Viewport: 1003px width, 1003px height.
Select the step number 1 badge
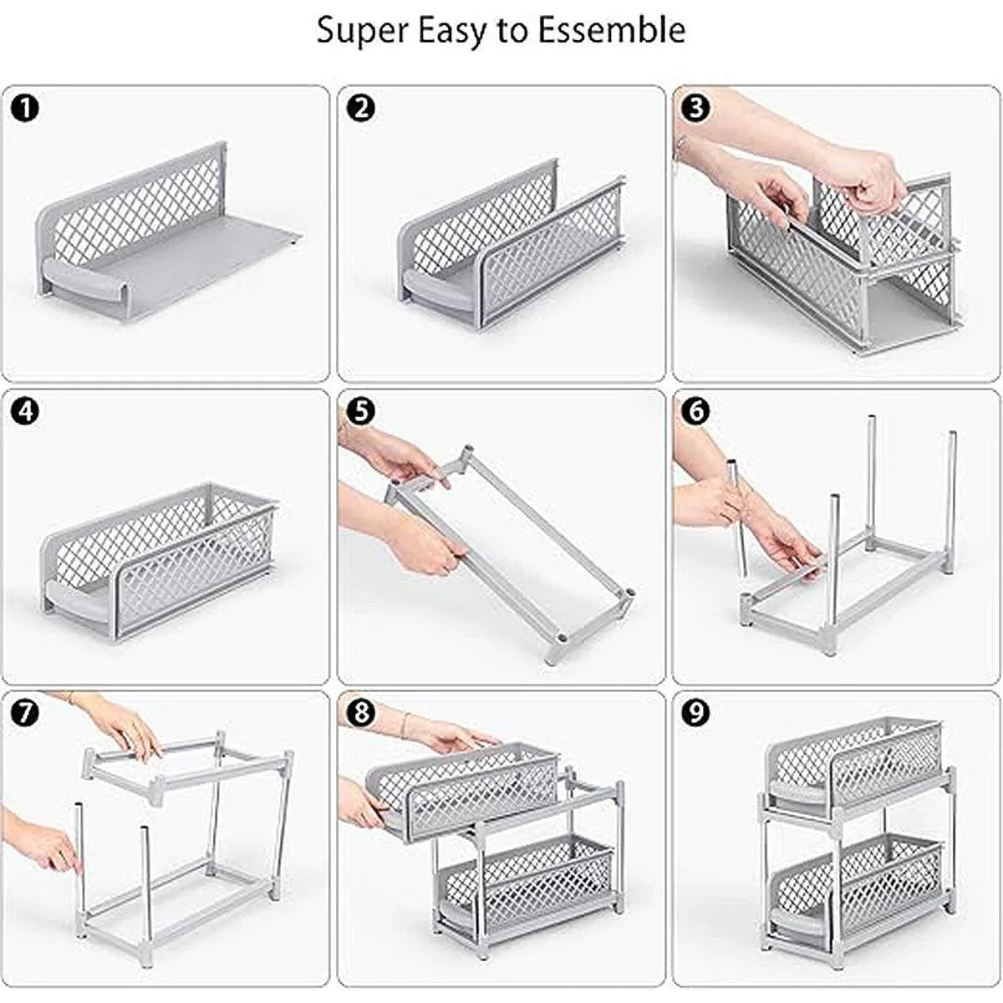click(x=26, y=109)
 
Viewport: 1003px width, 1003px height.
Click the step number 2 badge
click(x=361, y=109)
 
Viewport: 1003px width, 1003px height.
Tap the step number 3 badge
click(x=695, y=109)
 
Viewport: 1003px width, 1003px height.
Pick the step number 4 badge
click(x=26, y=411)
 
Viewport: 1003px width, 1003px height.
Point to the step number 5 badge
click(x=361, y=411)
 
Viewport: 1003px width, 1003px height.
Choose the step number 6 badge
click(x=695, y=411)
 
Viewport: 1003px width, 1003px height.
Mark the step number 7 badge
click(x=26, y=713)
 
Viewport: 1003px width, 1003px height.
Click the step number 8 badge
click(x=361, y=713)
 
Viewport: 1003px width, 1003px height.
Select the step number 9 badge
click(x=695, y=713)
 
